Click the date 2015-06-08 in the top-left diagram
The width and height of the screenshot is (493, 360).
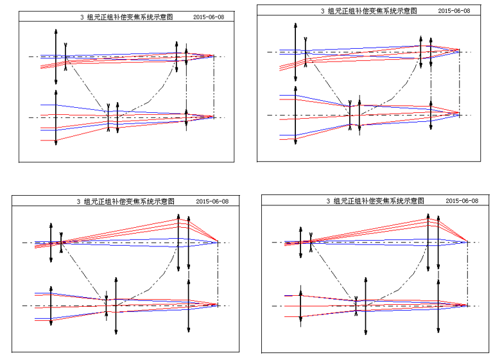click(x=209, y=17)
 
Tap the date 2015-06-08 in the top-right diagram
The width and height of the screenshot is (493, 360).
click(x=454, y=11)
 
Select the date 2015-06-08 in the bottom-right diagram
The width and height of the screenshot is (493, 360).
click(x=462, y=201)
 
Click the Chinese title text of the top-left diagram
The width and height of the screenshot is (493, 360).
click(x=130, y=17)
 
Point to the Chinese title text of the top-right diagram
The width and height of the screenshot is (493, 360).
click(x=372, y=11)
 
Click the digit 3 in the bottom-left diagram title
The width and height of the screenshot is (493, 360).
click(x=78, y=201)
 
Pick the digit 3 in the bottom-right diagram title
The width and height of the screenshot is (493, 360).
click(x=328, y=201)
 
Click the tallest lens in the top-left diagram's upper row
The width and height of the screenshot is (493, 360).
click(x=56, y=57)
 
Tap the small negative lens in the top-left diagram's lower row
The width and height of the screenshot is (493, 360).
click(x=108, y=117)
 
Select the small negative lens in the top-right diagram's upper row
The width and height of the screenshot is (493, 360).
click(x=306, y=52)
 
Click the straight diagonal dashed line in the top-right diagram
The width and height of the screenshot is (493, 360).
click(x=327, y=84)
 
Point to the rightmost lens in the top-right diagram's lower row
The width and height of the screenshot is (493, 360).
click(x=431, y=116)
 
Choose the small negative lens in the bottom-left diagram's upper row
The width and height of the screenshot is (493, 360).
click(x=61, y=243)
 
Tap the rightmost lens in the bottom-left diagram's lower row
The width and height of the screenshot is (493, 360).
click(x=189, y=305)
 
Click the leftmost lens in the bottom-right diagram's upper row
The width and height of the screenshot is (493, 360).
click(x=300, y=243)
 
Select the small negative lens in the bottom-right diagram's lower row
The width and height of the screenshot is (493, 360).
click(x=356, y=306)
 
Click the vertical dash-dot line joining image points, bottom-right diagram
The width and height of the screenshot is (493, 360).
click(x=467, y=274)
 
